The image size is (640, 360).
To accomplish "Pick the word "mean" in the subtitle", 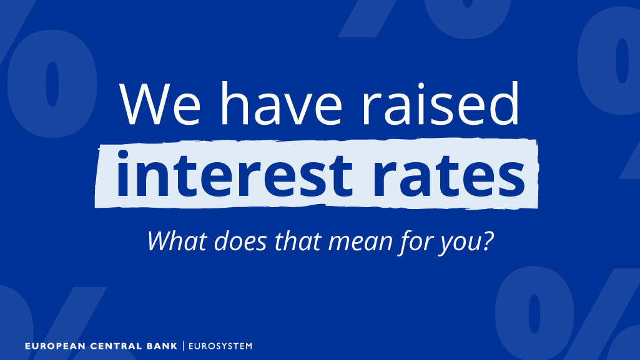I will [x=362, y=240].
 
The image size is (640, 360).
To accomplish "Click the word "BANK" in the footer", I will [x=159, y=346].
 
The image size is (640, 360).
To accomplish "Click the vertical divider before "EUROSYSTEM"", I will [x=183, y=346].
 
